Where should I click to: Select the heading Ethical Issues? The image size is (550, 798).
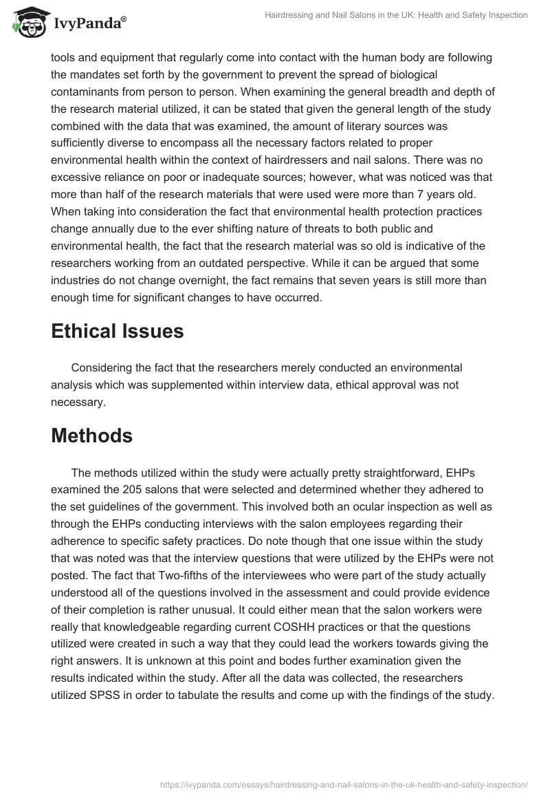pyautogui.click(x=118, y=331)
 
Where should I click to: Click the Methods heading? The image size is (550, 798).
pyautogui.click(x=91, y=435)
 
